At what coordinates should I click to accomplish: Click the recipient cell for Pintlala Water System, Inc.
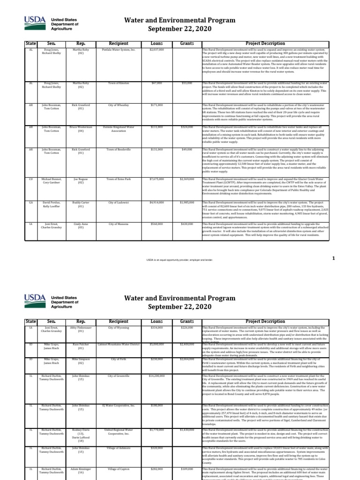click(x=118, y=49)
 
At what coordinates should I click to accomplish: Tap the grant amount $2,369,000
click(x=187, y=179)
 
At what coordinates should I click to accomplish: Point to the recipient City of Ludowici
click(x=118, y=202)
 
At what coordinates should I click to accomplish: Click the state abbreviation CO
click(x=30, y=179)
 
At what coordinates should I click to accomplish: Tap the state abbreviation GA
click(x=30, y=202)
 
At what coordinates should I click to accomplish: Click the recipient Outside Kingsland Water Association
click(x=118, y=129)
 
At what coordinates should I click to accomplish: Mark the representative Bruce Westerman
click(x=81, y=129)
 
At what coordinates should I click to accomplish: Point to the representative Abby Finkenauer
click(x=81, y=330)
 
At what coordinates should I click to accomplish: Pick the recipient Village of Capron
click(x=118, y=468)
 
